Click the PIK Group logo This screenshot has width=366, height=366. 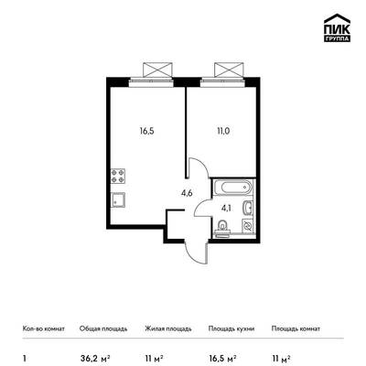coord(337,28)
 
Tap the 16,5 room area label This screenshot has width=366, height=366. coord(147,132)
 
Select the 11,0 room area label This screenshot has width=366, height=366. coord(223,132)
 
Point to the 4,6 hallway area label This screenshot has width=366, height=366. coord(187,193)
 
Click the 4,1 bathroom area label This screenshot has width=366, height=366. coord(226,209)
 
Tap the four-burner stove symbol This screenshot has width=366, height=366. coord(118,176)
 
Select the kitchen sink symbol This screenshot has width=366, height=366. coord(118,200)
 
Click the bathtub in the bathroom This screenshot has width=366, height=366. coord(232,188)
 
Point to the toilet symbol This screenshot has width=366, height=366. coord(222,228)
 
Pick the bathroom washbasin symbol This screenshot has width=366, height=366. coord(247,209)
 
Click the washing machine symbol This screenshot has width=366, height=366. coord(248,226)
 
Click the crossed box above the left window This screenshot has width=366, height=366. coord(157,70)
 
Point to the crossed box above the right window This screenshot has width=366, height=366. coord(229,70)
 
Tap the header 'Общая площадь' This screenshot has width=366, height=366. coord(103,328)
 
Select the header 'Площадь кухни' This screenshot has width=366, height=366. coord(231,328)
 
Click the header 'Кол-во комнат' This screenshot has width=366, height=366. coord(44,328)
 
